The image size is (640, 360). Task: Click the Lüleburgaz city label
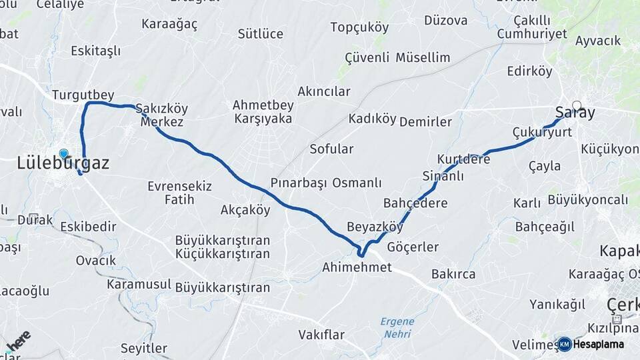(63, 163)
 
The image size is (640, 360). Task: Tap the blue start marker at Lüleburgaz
(63, 153)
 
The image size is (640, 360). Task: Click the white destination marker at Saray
(576, 104)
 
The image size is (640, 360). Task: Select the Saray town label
(575, 113)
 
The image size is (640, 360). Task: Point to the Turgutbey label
(83, 94)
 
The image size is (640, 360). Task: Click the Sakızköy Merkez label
(161, 115)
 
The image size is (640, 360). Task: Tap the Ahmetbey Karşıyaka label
(262, 112)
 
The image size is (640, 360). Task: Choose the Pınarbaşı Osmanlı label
(325, 183)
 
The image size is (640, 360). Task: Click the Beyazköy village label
(375, 227)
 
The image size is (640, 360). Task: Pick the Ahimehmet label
(357, 267)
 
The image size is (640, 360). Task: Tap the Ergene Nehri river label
(397, 327)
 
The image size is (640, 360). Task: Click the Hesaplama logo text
(599, 344)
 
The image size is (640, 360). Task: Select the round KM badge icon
(564, 344)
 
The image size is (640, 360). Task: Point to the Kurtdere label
(463, 159)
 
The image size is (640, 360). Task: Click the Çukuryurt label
(542, 132)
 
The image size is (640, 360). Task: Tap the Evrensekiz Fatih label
(179, 192)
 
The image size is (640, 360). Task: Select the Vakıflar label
(324, 334)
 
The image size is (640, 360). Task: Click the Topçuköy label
(359, 27)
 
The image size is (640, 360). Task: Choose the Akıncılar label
(323, 91)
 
